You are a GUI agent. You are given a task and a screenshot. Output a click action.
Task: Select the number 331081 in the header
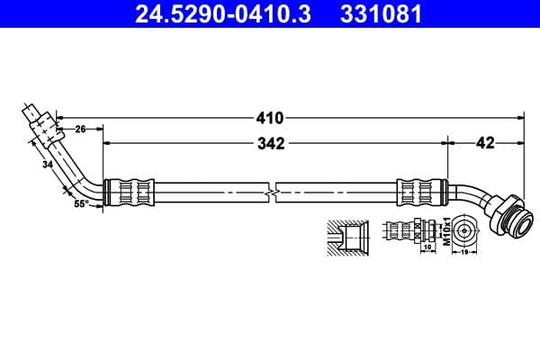371,14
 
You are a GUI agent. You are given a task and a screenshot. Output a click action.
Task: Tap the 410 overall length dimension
270,117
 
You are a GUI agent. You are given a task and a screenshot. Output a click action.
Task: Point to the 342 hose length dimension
271,142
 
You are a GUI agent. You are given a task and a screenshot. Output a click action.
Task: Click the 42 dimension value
485,142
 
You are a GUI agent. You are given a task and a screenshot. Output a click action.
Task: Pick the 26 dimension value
80,130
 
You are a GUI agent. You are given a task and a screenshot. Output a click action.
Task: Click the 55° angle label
80,205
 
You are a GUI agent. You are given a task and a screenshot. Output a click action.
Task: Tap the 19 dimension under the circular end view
463,255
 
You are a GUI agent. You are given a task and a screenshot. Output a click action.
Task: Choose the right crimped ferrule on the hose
421,193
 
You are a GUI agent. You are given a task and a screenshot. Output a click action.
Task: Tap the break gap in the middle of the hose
273,193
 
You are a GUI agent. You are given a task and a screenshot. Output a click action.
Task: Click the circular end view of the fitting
463,229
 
